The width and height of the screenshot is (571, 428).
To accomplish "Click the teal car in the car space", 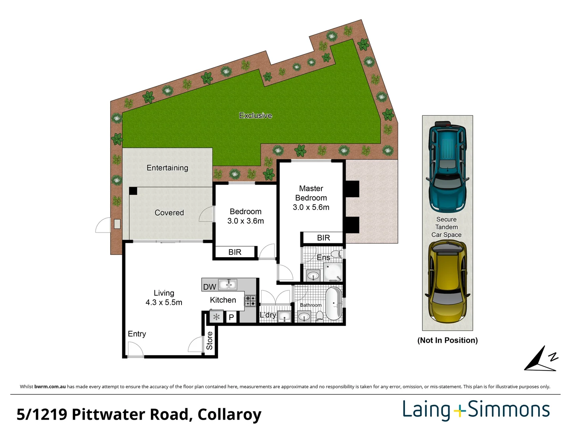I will (447, 166).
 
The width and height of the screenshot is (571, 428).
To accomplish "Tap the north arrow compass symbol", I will (541, 359).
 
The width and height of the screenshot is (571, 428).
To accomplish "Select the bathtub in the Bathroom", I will (334, 304).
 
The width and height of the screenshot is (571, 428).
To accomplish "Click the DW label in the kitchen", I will (209, 287).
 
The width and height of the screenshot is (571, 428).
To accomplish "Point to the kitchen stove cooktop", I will (250, 301).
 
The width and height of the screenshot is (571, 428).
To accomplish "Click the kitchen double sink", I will (227, 284).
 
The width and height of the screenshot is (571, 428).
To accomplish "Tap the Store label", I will (210, 341).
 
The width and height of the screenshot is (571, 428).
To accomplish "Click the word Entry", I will (137, 334).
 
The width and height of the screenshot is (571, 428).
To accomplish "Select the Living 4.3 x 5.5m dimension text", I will (164, 302).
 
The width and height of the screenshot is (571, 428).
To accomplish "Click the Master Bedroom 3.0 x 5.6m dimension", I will (311, 207).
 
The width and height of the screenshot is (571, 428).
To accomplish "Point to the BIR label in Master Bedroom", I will (323, 238).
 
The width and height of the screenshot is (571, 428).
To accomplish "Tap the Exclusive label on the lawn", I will (256, 116).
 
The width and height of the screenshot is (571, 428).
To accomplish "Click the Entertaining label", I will (167, 168).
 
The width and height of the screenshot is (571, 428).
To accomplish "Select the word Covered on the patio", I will (169, 213).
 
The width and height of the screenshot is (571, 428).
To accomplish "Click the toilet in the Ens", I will (336, 253).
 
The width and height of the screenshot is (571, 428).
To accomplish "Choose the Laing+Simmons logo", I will (476, 410).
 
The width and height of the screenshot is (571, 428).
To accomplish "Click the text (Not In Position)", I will (447, 340).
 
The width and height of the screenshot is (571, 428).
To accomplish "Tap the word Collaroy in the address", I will (229, 415).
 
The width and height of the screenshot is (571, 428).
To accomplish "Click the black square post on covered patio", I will (133, 191).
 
